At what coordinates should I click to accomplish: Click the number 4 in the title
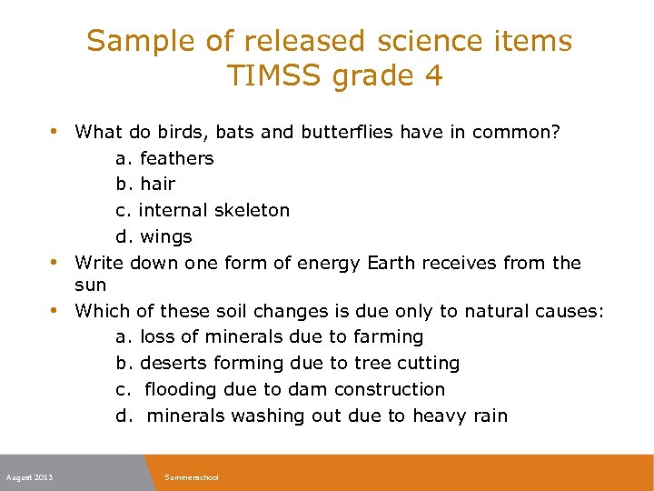point(433,75)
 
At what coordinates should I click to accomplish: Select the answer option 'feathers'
point(176,158)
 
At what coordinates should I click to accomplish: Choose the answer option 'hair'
point(157,184)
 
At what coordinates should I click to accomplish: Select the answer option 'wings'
point(166,236)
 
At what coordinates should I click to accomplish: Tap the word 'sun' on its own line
point(90,285)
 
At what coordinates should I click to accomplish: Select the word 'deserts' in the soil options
point(173,363)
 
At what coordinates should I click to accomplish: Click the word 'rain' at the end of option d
point(490,416)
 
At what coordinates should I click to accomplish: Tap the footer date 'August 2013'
point(29,477)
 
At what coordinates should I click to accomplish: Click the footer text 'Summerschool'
point(192,477)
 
